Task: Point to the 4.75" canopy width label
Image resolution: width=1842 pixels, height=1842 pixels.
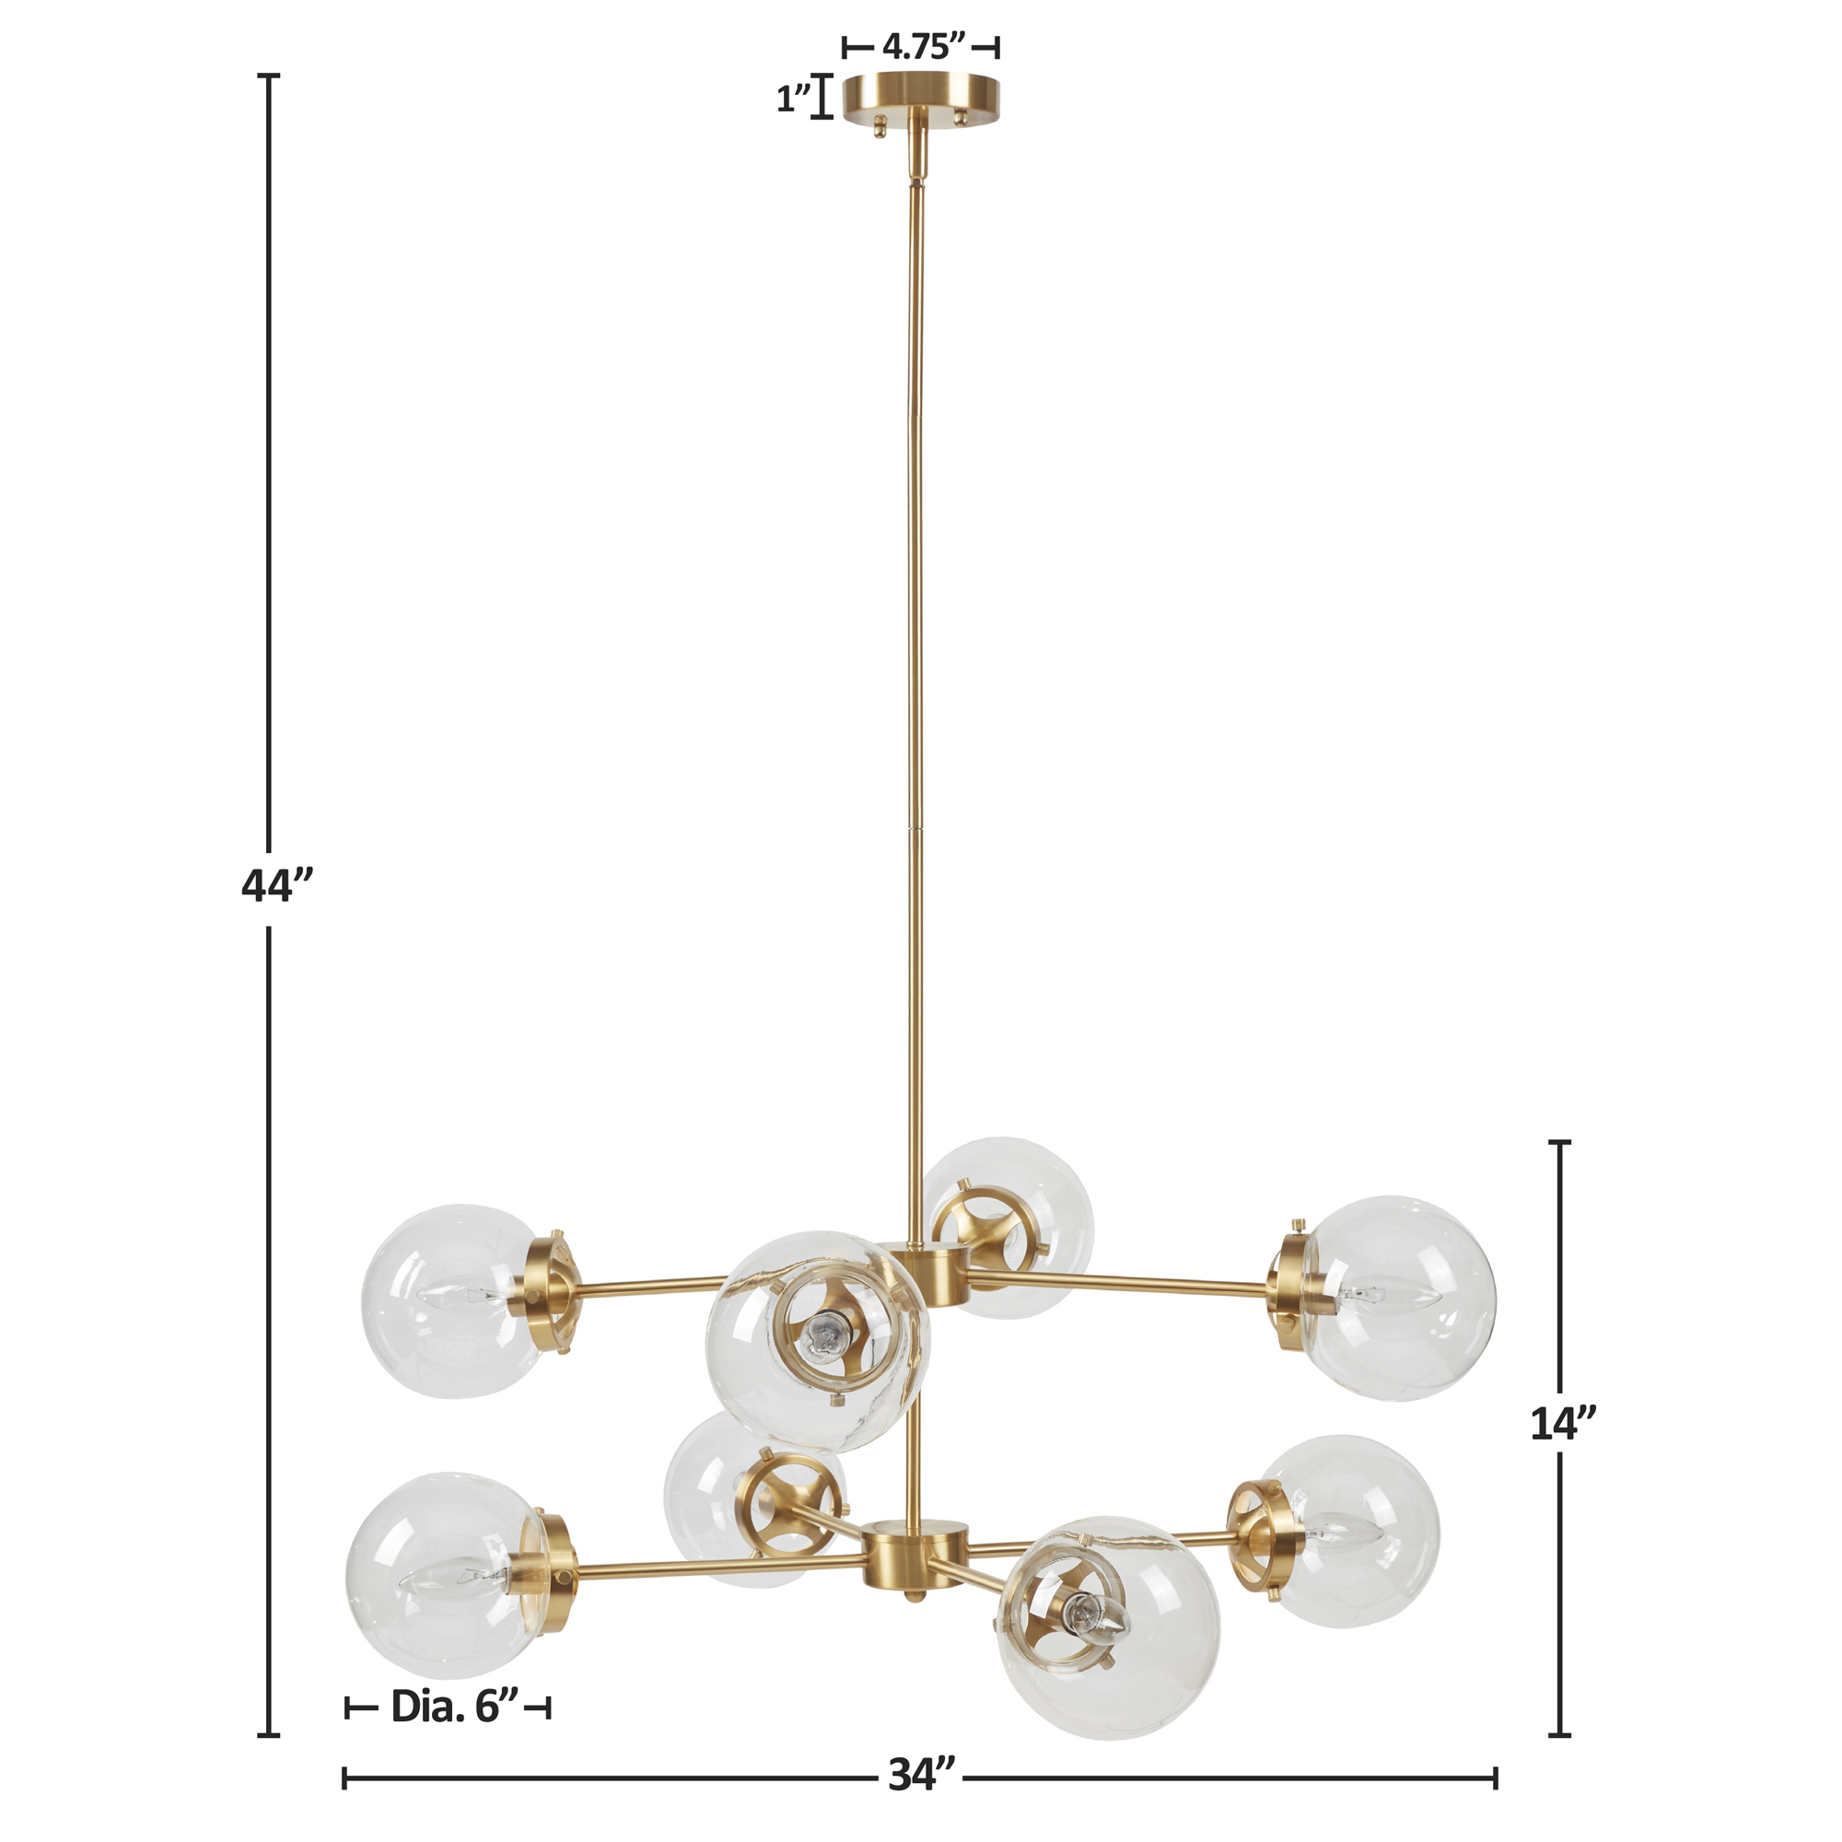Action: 922,46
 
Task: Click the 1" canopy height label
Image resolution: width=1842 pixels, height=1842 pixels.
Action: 793,99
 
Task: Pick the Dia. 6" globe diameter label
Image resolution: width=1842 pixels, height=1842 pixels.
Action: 455,1708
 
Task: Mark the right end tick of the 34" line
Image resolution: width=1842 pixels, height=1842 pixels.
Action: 1495,1778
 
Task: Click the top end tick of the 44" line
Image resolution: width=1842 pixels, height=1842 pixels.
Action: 271,76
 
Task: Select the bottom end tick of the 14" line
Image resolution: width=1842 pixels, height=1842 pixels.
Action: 1560,1734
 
